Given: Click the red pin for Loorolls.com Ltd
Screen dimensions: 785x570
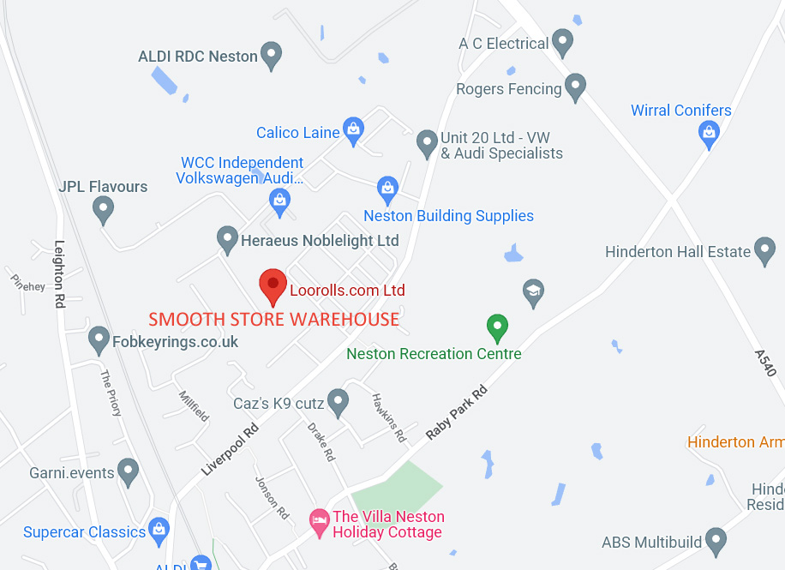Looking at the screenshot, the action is coord(273,285).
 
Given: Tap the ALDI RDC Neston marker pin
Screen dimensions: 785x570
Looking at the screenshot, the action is coord(271,55).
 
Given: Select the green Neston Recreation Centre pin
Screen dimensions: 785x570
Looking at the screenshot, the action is coord(497,327).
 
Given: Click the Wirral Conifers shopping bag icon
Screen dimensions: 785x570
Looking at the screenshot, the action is coord(709,132).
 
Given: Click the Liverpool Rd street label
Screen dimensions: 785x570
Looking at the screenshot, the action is coord(230,451).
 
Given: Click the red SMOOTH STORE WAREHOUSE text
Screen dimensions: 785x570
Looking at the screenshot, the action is coord(274,320).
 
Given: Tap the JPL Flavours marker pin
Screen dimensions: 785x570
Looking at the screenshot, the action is coord(103,208).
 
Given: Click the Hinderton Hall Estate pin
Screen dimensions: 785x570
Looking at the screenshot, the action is coord(764,250).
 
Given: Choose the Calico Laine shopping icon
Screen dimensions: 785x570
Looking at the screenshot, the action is coord(353,130).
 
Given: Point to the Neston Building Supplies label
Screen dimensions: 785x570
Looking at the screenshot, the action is coord(448,216).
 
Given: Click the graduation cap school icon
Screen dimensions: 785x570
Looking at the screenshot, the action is coord(533,291).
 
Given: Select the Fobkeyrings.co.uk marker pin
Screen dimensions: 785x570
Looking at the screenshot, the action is coord(99,339).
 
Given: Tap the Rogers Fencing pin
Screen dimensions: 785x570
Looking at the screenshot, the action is coord(575,87).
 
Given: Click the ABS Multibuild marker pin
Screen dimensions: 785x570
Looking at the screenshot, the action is coord(715,541).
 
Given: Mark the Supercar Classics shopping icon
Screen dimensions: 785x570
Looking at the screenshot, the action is coord(158,531).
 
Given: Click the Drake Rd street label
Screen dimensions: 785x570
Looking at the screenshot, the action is coord(321,442).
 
